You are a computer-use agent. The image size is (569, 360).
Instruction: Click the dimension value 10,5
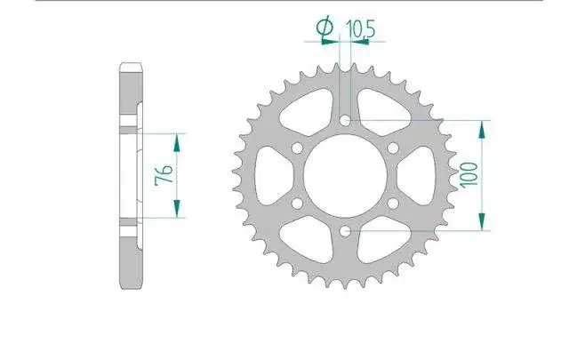tap(360, 28)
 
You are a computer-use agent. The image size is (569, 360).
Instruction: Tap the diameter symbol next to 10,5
tap(325, 27)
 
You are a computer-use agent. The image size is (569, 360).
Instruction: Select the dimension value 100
tap(469, 175)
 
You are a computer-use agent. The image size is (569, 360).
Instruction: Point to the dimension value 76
tap(164, 175)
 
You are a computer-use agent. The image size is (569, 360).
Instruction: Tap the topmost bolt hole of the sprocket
tap(346, 121)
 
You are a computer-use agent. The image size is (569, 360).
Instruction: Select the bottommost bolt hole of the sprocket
tap(346, 230)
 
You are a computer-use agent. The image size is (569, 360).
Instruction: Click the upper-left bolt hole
tap(297, 148)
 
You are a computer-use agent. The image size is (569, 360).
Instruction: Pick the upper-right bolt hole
tap(393, 148)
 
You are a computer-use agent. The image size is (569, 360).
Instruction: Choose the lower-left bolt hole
tap(297, 204)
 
